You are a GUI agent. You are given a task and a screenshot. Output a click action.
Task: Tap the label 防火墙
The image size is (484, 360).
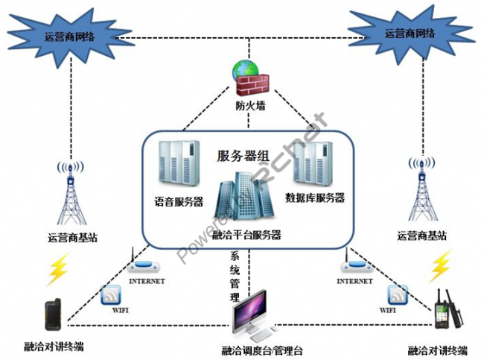click(246, 106)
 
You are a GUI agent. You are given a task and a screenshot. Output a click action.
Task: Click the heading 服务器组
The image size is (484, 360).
click(243, 155)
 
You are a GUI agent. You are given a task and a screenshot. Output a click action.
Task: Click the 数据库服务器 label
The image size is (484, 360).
click(315, 198)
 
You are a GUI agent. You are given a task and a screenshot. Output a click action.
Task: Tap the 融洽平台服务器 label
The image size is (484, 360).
click(246, 236)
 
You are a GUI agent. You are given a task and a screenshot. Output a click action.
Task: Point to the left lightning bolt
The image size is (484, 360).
click(57, 269)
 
